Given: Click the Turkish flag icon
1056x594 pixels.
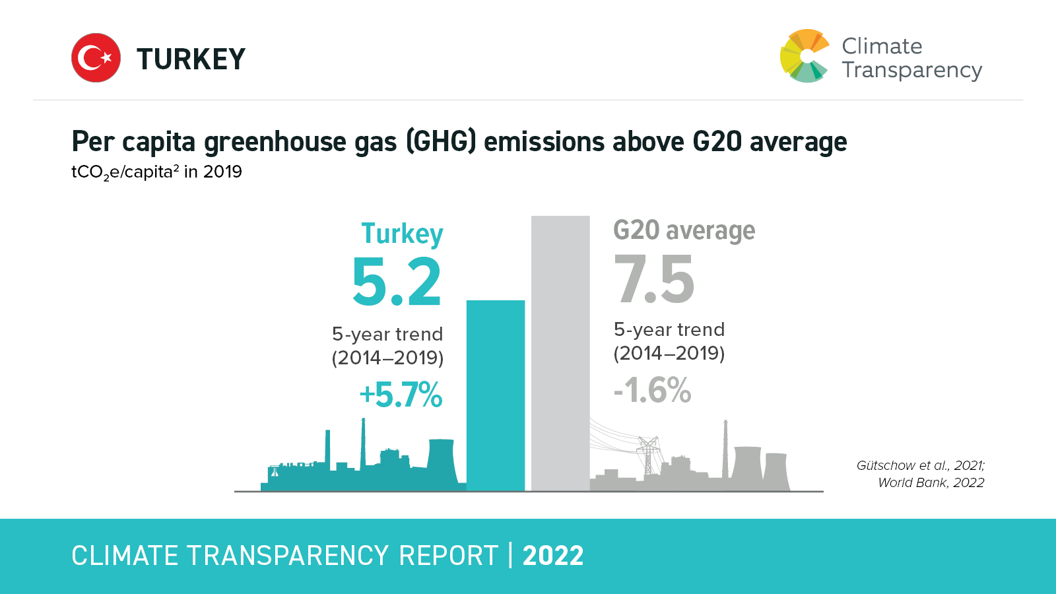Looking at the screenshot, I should tap(96, 58).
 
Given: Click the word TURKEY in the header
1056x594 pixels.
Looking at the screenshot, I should tap(191, 59).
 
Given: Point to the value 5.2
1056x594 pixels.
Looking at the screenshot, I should tap(397, 282).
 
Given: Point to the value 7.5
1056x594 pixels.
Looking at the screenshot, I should tap(654, 280).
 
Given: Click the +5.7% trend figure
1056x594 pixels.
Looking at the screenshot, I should tap(401, 395).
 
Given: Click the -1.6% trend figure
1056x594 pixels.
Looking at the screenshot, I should tap(652, 390).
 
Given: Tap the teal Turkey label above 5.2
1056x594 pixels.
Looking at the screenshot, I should tap(402, 234).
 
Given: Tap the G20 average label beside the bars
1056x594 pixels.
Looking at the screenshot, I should tap(684, 230).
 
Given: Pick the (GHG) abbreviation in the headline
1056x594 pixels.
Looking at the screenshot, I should tap(441, 142).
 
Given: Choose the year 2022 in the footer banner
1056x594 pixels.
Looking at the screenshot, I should tap(553, 556).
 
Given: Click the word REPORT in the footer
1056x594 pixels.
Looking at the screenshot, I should tap(449, 556).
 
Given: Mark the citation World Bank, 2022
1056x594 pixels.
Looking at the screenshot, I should tap(931, 482).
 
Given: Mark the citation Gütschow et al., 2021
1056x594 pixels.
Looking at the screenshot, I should tap(920, 465).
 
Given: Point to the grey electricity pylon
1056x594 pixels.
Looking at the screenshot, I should tap(648, 455).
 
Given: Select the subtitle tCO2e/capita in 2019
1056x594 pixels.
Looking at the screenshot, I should tap(156, 172).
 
